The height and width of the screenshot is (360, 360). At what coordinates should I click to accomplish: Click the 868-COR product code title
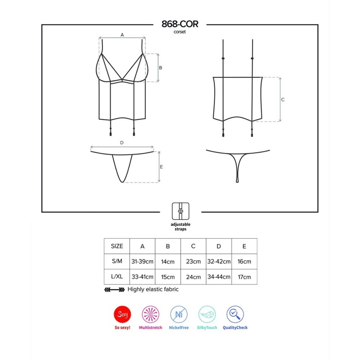pyautogui.click(x=180, y=24)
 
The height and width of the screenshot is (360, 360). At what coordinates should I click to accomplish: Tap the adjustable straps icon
pyautogui.click(x=180, y=211)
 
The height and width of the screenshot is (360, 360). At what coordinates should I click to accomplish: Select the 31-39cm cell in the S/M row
pyautogui.click(x=142, y=262)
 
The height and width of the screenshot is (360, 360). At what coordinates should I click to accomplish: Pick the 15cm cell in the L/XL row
pyautogui.click(x=168, y=277)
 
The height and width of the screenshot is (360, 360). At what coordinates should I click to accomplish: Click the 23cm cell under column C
pyautogui.click(x=194, y=262)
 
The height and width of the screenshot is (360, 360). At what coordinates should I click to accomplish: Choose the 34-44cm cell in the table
pyautogui.click(x=219, y=277)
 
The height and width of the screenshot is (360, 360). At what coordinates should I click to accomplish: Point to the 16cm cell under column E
pyautogui.click(x=244, y=262)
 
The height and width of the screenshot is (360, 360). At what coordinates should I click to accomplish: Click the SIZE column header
pyautogui.click(x=117, y=246)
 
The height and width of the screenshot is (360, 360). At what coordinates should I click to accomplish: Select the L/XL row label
pyautogui.click(x=117, y=276)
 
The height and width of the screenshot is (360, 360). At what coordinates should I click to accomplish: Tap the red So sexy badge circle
pyautogui.click(x=123, y=314)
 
